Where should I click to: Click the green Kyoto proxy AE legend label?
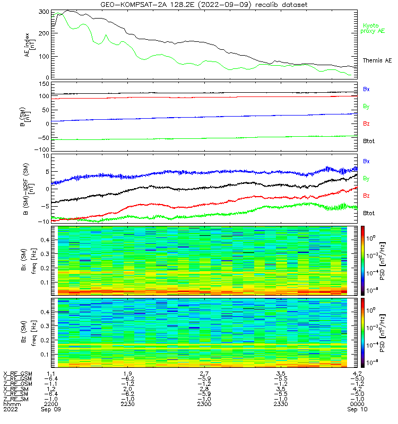pos(373,29)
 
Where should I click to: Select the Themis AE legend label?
pos(377,60)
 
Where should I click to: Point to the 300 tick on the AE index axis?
pos(44,12)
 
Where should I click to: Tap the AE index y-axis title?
pos(30,45)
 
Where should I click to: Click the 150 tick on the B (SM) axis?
pos(44,84)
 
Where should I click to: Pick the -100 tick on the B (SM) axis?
pos(42,149)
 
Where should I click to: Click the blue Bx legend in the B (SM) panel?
pos(366,89)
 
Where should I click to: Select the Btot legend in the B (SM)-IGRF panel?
pos(369,214)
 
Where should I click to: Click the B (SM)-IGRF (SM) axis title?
pos(29,189)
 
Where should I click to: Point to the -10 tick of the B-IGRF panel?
pos(44,222)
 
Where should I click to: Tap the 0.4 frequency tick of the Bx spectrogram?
pos(45,240)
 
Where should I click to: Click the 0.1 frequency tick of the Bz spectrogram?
pos(45,355)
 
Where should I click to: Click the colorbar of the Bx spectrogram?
pos(362,260)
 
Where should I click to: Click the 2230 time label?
pos(127,404)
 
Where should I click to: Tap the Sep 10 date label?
pos(357,409)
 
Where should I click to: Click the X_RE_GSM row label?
pos(18,374)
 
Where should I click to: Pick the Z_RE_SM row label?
pos(16,400)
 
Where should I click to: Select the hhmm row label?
pos(12,404)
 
